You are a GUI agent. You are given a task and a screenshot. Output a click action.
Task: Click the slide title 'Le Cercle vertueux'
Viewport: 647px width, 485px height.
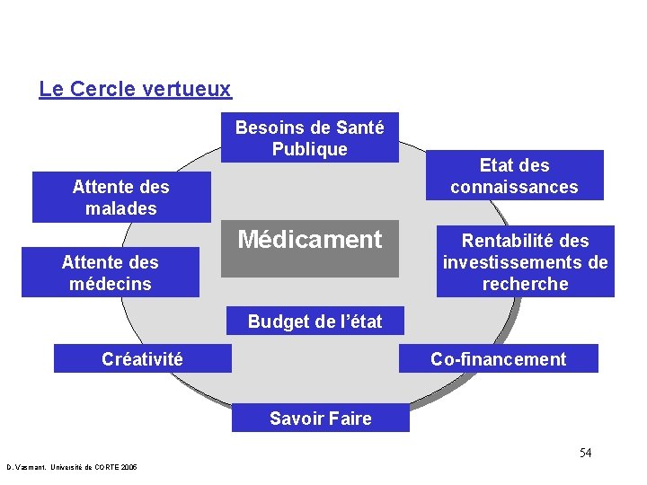(x=135, y=90)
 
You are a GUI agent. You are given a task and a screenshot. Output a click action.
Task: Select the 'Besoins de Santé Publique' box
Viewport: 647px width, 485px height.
(x=309, y=137)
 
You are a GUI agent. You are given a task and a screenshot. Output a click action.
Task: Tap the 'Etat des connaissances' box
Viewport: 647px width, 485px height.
(x=514, y=175)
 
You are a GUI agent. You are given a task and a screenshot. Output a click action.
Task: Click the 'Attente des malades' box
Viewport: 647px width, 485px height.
(x=121, y=198)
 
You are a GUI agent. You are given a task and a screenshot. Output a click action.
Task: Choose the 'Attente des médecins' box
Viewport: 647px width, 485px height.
(x=110, y=272)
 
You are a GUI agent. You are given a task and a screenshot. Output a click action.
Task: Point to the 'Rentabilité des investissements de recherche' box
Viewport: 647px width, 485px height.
(x=526, y=261)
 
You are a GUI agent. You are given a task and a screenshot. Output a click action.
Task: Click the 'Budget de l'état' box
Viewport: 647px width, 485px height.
(x=315, y=322)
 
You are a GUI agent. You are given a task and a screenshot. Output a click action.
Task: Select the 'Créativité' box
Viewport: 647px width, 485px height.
(x=142, y=359)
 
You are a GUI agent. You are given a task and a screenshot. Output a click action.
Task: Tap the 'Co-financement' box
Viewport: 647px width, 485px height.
(x=498, y=359)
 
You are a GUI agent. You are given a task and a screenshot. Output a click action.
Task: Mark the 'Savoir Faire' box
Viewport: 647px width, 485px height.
(x=320, y=419)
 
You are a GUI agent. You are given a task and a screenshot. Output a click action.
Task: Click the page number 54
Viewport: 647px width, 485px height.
(x=585, y=453)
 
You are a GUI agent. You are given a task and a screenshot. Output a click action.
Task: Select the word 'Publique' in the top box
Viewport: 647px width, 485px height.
(x=309, y=149)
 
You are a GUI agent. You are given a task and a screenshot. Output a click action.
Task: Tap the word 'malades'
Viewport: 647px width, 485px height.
(x=121, y=208)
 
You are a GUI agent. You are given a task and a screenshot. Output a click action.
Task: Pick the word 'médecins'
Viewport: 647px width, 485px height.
(x=110, y=284)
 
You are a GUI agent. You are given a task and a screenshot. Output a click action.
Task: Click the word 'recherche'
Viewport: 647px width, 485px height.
(x=526, y=284)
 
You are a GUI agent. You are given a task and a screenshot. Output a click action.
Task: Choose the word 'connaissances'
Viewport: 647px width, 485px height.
(x=514, y=187)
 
